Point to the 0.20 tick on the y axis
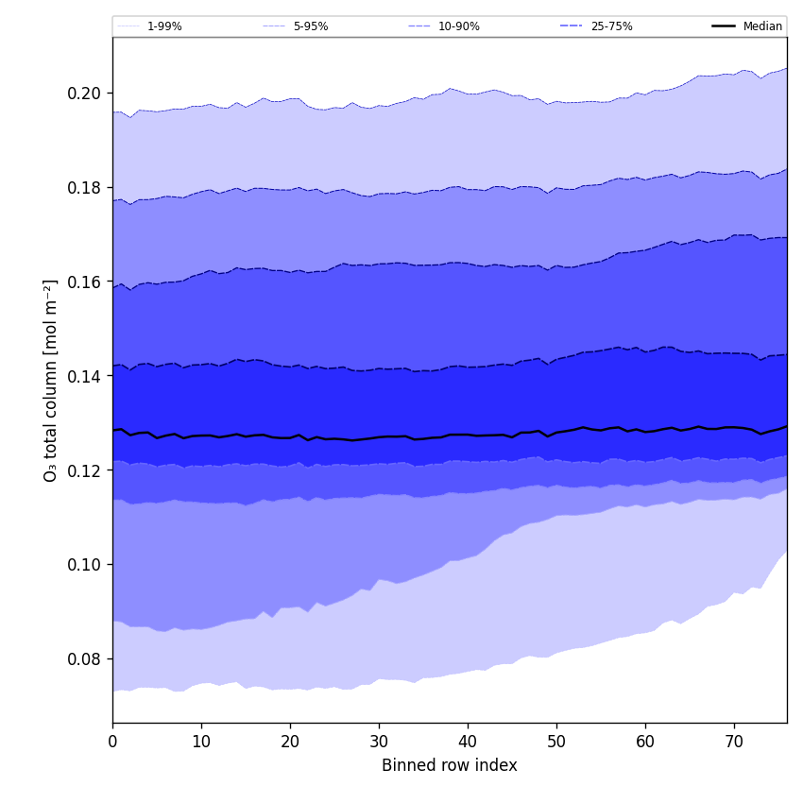(x=85, y=93)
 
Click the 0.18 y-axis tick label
(x=85, y=187)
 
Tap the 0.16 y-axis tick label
(x=85, y=282)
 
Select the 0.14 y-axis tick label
(x=85, y=376)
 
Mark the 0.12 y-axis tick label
(x=85, y=470)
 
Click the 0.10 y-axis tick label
(x=85, y=565)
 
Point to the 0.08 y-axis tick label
(x=85, y=658)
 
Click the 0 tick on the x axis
(x=112, y=742)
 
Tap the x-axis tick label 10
(x=201, y=742)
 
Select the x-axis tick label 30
(x=379, y=742)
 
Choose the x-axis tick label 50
(x=556, y=742)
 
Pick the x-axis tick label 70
(x=734, y=742)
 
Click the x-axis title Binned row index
(x=450, y=765)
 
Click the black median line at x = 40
(x=468, y=435)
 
